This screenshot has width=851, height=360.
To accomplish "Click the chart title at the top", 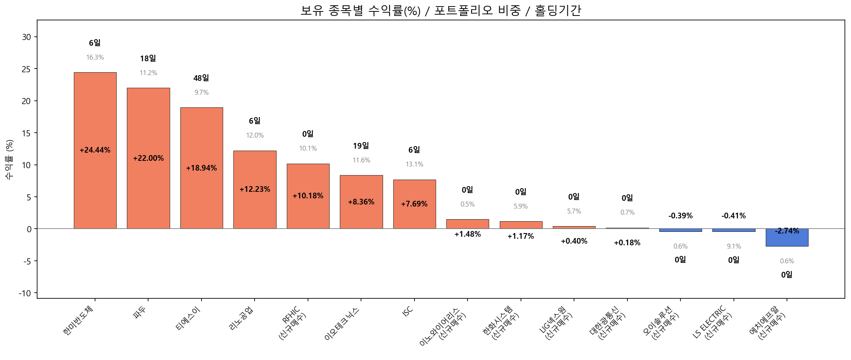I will click(441, 10).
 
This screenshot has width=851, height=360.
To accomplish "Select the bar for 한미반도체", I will click(95, 122).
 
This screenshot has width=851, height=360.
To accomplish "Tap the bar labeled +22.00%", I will click(148, 122).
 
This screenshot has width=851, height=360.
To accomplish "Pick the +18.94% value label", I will click(202, 168).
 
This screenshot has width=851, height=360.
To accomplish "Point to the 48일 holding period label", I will click(201, 78).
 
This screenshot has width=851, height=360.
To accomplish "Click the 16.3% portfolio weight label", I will click(95, 58).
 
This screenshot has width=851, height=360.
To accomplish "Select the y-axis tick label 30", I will click(26, 37).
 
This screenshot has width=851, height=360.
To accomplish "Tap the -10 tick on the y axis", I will click(24, 293).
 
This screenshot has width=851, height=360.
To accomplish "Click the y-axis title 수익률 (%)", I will click(9, 159).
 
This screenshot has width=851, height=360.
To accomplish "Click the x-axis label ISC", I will click(408, 311).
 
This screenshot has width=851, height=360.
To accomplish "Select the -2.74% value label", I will click(787, 231).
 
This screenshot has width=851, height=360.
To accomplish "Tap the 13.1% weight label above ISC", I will click(414, 164).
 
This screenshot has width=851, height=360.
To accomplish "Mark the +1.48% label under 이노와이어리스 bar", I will click(468, 234).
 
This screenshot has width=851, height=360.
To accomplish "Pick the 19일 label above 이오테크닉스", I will click(361, 146).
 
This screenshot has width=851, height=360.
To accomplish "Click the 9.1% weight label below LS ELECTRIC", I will click(734, 247).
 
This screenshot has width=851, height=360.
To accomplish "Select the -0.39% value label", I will click(680, 216).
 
